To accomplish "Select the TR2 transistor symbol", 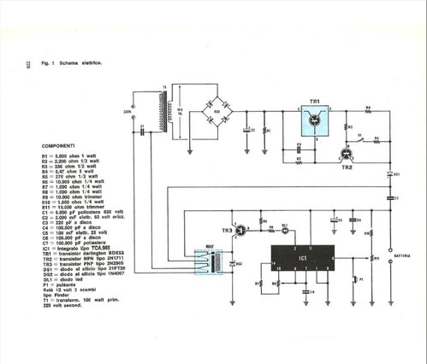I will coord(346,155).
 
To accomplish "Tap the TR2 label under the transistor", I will coord(347,168).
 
